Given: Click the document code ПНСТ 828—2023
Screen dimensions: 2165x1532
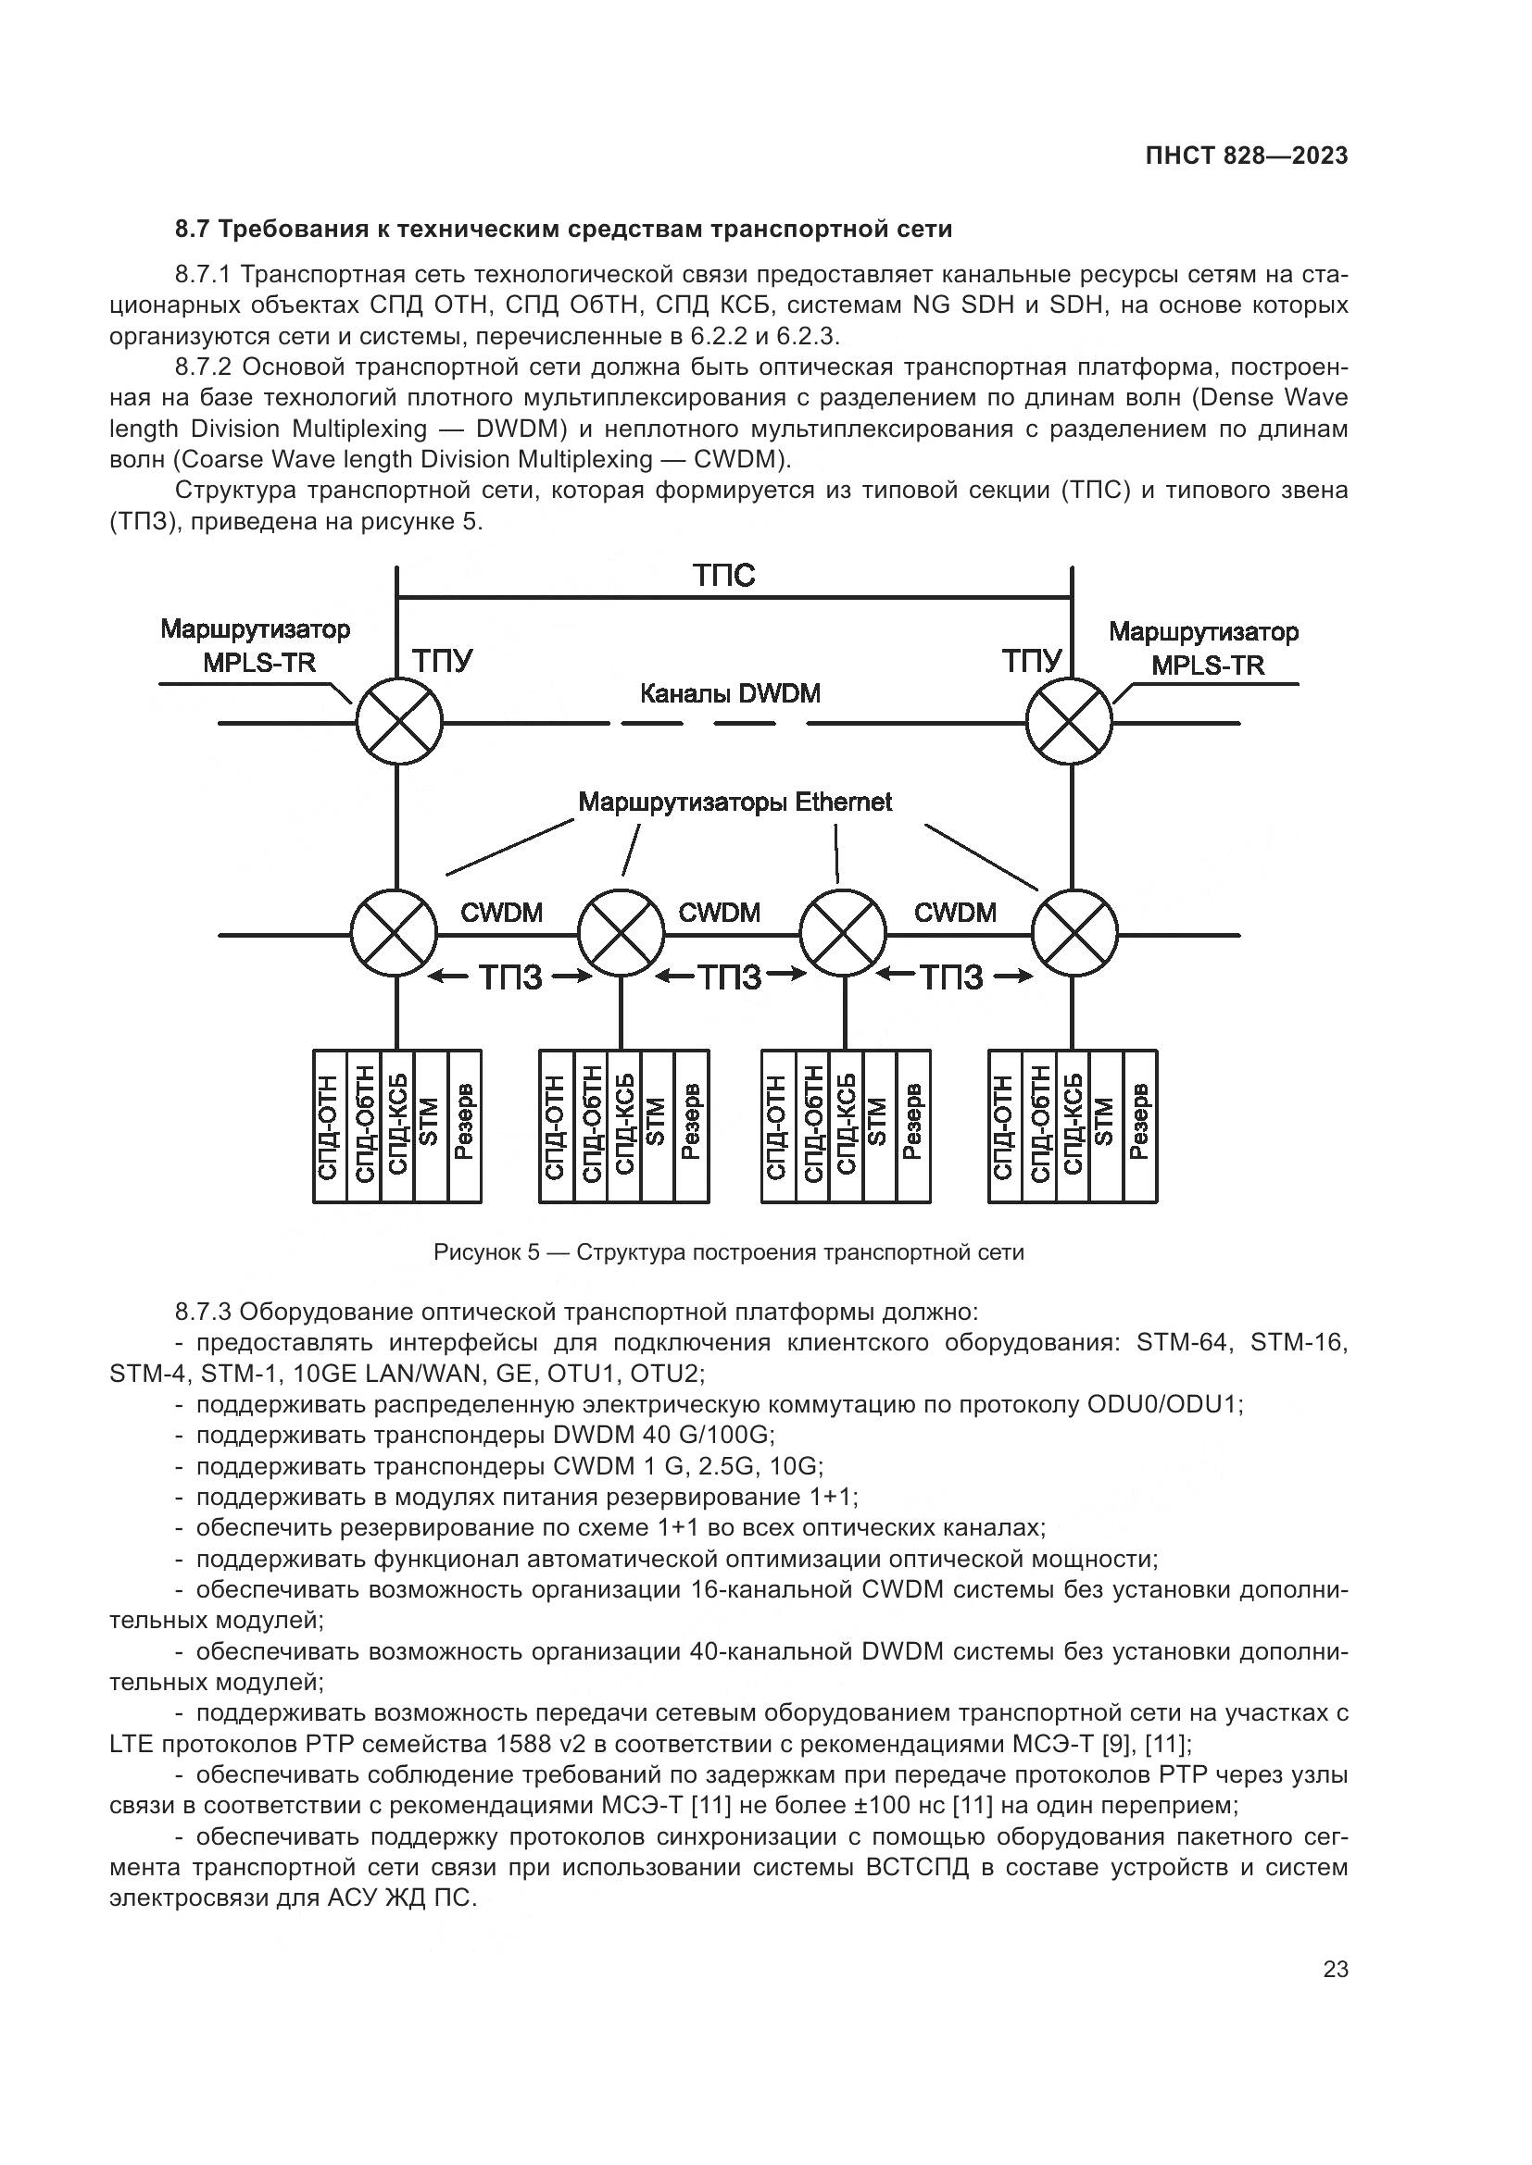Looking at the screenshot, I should [x=1246, y=156].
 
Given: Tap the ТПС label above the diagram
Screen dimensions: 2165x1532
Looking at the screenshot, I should [x=723, y=575].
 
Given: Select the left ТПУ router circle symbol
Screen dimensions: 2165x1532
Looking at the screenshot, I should [x=399, y=723].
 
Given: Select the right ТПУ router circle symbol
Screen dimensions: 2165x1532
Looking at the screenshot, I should [x=1069, y=723].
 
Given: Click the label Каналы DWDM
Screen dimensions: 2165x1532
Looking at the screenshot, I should [x=729, y=694].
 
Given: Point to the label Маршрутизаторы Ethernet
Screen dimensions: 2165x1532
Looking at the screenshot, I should [x=735, y=803].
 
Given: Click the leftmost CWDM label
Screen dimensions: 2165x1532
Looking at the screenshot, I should [x=501, y=912].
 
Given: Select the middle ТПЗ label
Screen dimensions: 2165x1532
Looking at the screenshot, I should [x=729, y=977].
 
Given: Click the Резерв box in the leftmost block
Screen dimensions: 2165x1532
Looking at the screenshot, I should [x=464, y=1126].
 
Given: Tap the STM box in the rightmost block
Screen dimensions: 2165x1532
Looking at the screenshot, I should [x=1106, y=1126].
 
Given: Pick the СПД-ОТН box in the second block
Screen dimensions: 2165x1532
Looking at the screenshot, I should [x=556, y=1126].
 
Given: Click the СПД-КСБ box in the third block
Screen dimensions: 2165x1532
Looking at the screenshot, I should [x=847, y=1126].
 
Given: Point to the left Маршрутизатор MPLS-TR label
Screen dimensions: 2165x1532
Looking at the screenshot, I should [x=255, y=646].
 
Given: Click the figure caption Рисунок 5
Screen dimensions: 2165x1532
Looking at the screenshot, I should [x=728, y=1252].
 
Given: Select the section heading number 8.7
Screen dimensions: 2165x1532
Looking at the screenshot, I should [x=195, y=230].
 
